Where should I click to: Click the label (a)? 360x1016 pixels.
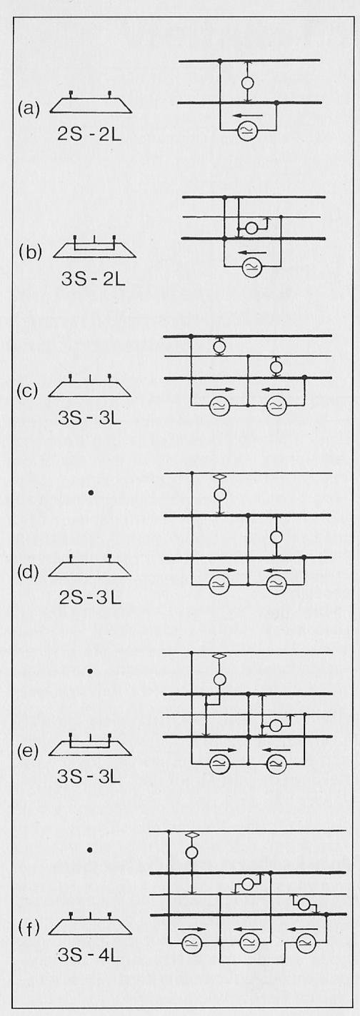click(29, 109)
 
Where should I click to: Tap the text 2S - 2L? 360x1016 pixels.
click(89, 135)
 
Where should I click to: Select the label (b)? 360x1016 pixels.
click(30, 252)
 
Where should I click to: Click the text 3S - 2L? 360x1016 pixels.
click(93, 278)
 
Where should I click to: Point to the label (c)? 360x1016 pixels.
click(27, 391)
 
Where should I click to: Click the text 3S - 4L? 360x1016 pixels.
click(89, 955)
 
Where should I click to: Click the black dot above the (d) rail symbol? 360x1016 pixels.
click(91, 492)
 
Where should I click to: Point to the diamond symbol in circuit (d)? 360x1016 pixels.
click(220, 477)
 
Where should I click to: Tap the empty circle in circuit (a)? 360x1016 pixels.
click(247, 83)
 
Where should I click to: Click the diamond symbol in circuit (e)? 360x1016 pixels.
click(220, 656)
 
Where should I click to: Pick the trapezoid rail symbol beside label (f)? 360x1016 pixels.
click(90, 923)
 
